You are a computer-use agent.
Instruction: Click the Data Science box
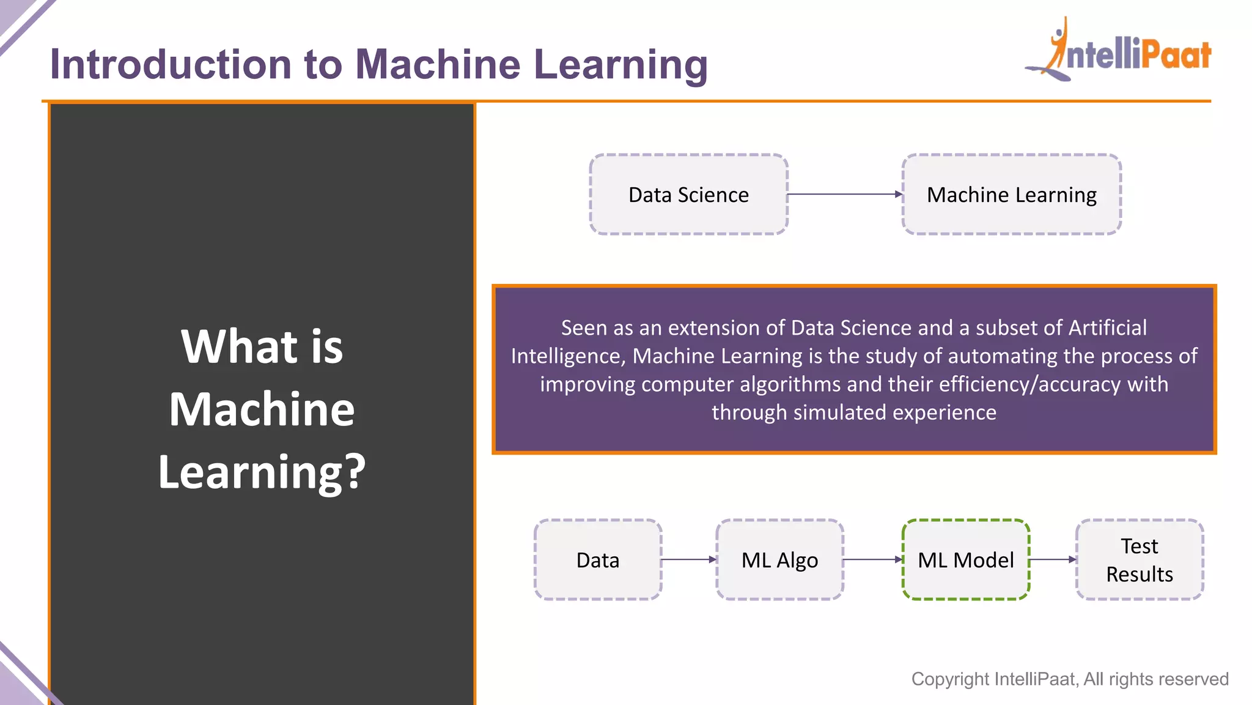tap(688, 195)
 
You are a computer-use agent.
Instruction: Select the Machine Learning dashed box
tap(1011, 195)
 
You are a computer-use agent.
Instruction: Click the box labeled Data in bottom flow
tap(598, 560)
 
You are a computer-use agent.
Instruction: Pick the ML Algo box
tap(779, 560)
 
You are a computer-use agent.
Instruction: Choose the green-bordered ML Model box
tap(966, 560)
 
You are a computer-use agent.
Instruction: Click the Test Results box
tap(1140, 560)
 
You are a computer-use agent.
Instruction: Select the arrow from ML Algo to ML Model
tap(873, 559)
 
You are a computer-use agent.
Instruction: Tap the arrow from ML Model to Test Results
tap(1053, 559)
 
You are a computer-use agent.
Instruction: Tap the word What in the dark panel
tap(239, 346)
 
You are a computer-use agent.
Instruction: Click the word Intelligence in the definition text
tap(567, 356)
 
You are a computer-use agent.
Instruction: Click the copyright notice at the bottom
tap(1069, 679)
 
